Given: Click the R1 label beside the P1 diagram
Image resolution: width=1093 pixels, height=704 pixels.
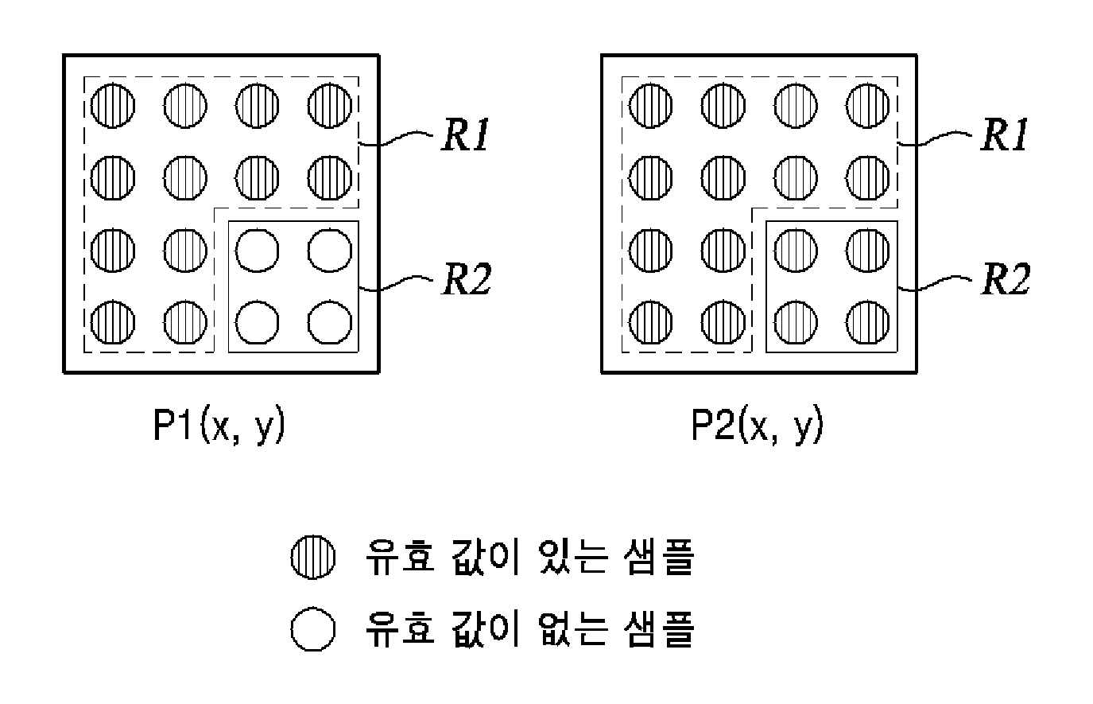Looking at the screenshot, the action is (x=466, y=134).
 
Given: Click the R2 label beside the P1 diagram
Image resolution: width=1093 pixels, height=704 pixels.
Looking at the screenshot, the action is (x=467, y=278).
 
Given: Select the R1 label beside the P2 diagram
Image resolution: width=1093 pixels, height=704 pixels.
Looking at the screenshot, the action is (x=1005, y=134).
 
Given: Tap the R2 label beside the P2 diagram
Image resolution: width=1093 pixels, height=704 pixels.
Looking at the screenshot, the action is (x=1006, y=278).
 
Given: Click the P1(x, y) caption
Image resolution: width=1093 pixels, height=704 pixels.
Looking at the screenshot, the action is (x=219, y=426).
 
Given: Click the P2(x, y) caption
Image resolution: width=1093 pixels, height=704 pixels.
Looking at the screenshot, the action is (x=758, y=426).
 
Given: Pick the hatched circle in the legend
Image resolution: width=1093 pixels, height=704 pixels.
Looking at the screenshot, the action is (x=313, y=557).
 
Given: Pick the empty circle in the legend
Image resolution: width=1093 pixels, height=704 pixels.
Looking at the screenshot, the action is (x=313, y=628).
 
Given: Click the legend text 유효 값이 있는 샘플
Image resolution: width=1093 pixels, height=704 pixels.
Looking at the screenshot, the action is (x=530, y=557).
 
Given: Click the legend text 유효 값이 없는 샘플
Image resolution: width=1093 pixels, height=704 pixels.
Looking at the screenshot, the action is (x=530, y=628).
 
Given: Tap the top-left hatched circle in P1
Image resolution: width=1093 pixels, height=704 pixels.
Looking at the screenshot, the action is (x=113, y=106).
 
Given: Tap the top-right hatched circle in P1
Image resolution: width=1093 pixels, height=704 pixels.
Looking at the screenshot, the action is (x=330, y=106).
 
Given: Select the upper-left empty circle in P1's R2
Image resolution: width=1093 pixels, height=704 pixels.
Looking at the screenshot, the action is (x=257, y=251).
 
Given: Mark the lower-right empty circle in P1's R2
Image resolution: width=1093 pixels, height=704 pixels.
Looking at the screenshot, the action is (x=330, y=323).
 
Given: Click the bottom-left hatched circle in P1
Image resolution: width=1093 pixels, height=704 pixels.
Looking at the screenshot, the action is (x=113, y=323).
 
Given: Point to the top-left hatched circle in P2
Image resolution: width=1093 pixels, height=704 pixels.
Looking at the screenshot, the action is (x=651, y=106).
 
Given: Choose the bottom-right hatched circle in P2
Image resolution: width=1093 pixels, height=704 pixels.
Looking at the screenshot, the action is (x=868, y=323).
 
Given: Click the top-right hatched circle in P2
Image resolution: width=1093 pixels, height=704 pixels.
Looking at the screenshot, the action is (x=868, y=106).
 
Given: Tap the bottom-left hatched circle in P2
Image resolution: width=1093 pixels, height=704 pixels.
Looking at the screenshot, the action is (x=651, y=323).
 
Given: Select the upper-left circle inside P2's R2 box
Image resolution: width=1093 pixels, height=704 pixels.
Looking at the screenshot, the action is (x=796, y=251).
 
